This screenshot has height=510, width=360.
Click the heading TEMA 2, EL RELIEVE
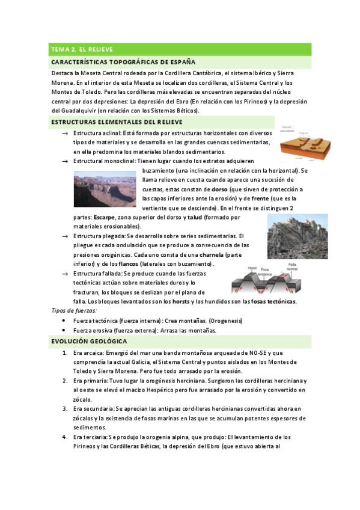click(x=82, y=49)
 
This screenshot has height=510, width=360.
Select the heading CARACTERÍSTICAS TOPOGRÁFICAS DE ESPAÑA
click(x=123, y=61)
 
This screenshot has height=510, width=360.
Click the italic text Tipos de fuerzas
click(x=74, y=310)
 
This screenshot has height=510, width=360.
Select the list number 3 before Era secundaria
click(x=64, y=408)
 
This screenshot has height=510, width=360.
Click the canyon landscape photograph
click(x=105, y=189)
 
